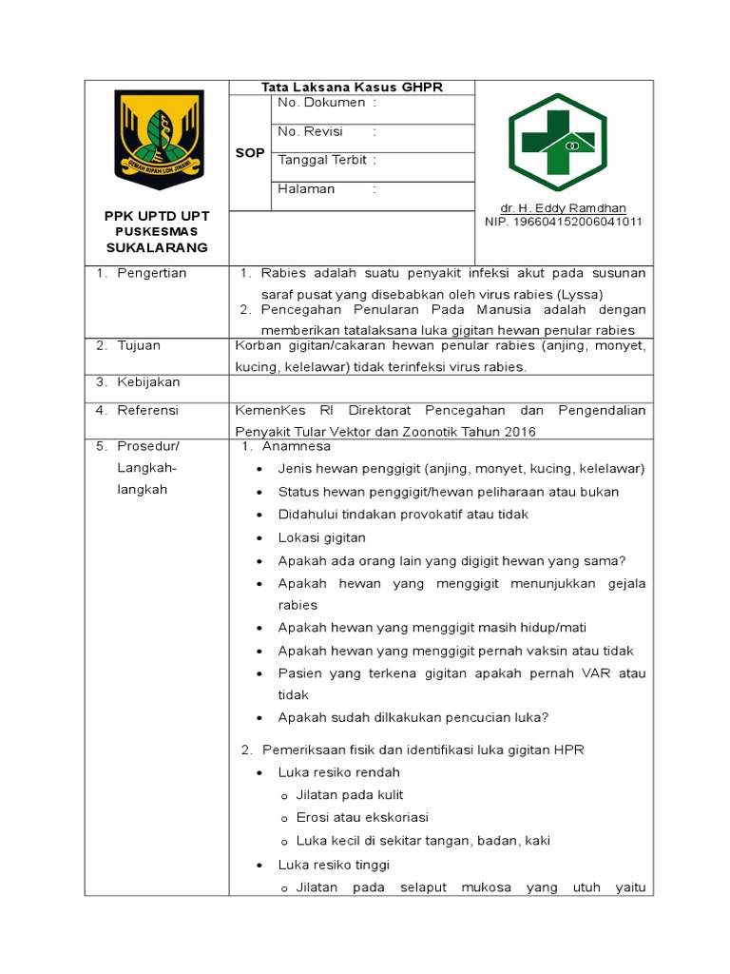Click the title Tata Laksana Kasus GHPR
pos(352,88)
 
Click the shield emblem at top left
pos(159,140)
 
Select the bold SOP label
pos(250,153)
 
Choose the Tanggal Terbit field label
pos(321,160)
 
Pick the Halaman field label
pos(306,188)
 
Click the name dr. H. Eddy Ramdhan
pos(563,208)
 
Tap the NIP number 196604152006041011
pos(563,222)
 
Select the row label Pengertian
pos(151,273)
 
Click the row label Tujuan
pos(139,345)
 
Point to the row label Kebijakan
pos(148,381)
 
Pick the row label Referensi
pos(147,410)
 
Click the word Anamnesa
pos(297,445)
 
